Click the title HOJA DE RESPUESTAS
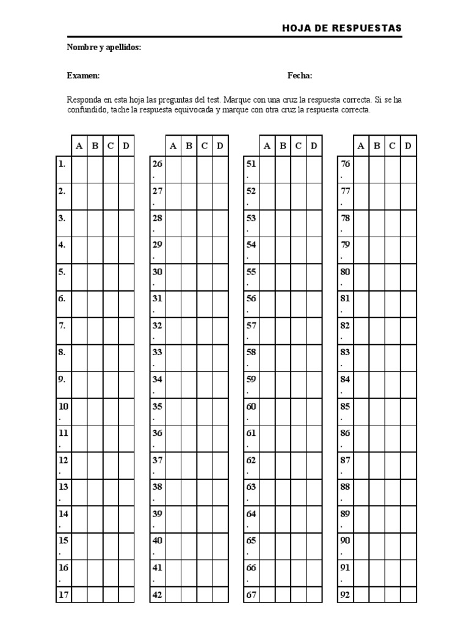342,28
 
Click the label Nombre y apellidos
104,47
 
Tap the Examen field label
84,76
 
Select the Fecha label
300,76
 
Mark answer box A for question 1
79,170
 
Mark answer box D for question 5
126,278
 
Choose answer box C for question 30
205,278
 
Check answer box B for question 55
283,278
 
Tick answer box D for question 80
408,278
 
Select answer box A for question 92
361,595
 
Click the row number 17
63,594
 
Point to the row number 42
157,594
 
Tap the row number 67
251,594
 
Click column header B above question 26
189,145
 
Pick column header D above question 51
314,145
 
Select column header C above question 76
392,145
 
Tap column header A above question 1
79,145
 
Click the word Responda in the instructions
82,100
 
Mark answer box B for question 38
189,493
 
